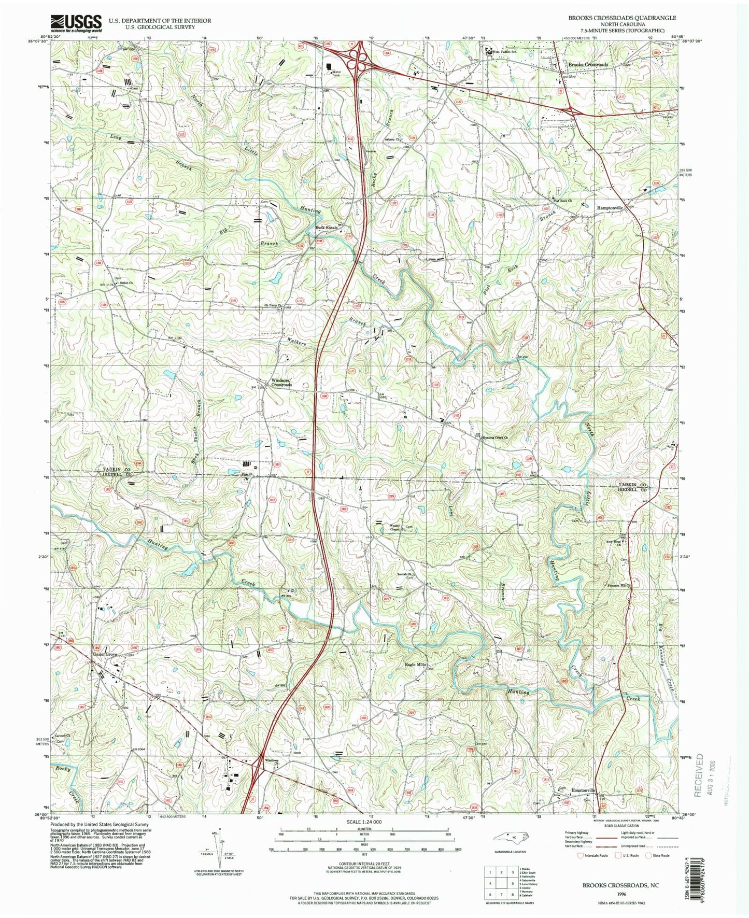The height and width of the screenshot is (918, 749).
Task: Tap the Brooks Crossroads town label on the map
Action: point(588,65)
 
